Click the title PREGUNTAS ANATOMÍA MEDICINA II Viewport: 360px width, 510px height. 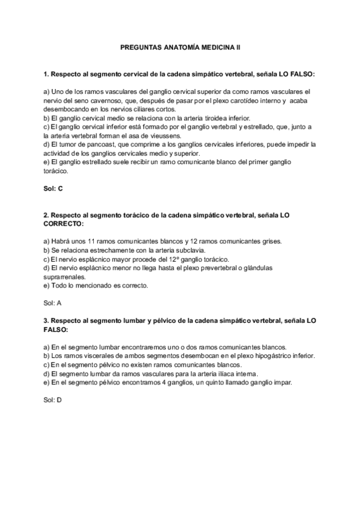(x=180, y=45)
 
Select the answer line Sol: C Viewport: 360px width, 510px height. (x=53, y=189)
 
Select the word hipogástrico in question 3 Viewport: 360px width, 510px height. (x=273, y=356)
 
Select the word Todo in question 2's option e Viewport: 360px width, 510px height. (x=61, y=286)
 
